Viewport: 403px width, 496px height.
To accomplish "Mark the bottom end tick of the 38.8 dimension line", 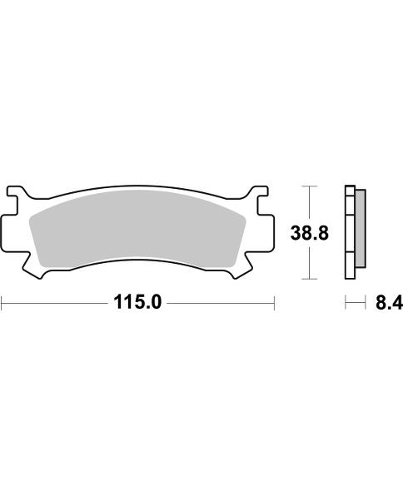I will click(310, 277).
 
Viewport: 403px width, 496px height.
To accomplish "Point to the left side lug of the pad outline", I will click(8, 232).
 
